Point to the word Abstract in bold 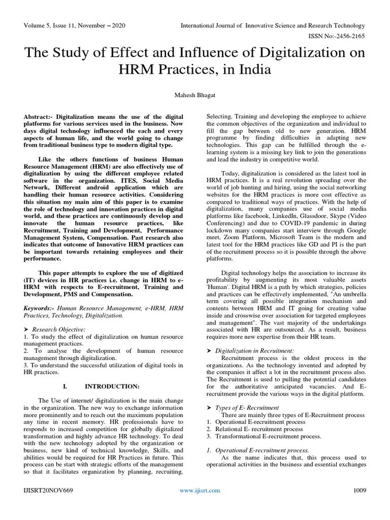click(x=38, y=117)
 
